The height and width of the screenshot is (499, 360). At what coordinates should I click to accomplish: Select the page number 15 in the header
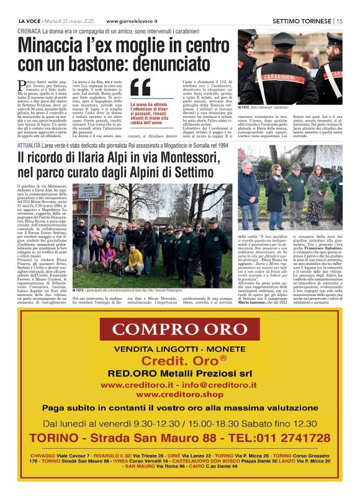(x=340, y=21)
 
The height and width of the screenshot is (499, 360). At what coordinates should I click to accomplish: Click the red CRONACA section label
(x=30, y=30)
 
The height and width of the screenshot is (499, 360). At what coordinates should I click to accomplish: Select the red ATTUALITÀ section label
(x=32, y=145)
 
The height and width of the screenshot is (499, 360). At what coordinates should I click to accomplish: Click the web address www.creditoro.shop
(x=179, y=394)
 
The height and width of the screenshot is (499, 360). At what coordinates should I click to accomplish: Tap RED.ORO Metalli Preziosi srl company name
(x=180, y=373)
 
